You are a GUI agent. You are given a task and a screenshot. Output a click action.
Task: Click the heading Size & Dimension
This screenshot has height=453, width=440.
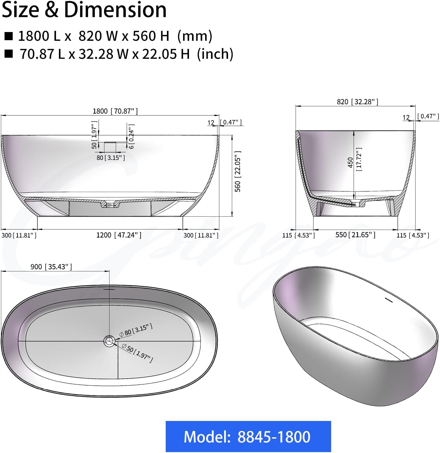coord(84,10)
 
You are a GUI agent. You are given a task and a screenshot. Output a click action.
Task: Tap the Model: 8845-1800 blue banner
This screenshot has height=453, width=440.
coord(248,436)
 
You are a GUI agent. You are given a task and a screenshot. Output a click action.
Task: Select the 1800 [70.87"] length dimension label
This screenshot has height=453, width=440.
coord(115,111)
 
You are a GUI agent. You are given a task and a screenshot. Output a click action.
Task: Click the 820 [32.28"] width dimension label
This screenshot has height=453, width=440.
coord(357,102)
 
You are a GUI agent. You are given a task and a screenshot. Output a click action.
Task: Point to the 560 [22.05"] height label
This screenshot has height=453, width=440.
coord(238,171)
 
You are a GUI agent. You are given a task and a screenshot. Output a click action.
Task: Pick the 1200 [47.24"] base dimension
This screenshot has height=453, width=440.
coord(119,235)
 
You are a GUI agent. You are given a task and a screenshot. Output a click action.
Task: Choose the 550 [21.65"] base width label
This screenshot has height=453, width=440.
coord(355,235)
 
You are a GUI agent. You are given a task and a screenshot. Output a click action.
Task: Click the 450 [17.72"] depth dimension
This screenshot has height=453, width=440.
coord(354,160)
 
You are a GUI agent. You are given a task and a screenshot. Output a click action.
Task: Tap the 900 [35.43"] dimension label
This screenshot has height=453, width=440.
coord(51,267)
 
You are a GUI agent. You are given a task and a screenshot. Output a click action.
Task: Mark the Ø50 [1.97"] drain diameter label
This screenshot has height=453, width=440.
coord(138,352)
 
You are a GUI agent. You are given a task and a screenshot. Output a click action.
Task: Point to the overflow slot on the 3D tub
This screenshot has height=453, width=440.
coord(388,300)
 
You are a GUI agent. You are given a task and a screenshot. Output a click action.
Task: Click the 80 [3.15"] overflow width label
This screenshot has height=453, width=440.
coord(111,158)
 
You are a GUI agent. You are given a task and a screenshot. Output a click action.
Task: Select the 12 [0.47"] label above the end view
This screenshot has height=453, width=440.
coord(420,117)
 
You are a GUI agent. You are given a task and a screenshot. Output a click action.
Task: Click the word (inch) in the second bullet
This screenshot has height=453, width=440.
coord(215,54)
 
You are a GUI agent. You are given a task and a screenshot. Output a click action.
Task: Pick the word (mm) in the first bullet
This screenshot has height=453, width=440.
coord(195,36)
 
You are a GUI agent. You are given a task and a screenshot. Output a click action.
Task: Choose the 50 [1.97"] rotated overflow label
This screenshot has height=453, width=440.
coord(94,135)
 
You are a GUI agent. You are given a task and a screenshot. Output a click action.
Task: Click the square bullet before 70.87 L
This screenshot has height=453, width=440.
coord(9,54)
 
